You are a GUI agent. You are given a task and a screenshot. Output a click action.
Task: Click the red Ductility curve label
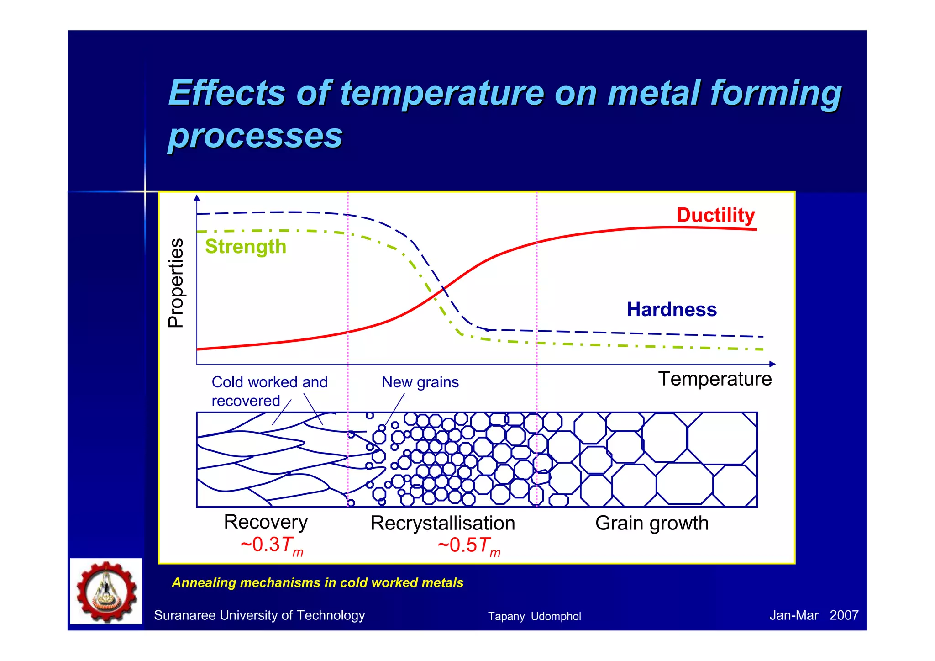715,215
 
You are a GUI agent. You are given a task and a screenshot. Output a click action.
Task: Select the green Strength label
246,247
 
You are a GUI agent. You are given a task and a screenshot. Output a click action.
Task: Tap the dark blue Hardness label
672,310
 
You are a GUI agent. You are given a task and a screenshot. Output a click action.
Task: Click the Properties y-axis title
176,283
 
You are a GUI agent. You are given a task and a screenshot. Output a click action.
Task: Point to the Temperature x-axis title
714,379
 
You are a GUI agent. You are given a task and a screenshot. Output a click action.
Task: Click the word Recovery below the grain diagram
266,522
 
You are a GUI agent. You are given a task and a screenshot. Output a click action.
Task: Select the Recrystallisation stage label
442,523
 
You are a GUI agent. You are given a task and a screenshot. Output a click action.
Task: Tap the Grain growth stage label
651,523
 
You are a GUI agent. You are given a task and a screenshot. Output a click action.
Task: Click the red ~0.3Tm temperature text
272,545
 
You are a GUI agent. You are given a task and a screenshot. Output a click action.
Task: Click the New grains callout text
420,382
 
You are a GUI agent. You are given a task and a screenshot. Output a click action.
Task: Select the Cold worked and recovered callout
269,391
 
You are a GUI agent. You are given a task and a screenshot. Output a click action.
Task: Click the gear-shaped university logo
106,592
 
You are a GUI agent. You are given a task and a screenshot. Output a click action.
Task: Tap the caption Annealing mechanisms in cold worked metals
317,583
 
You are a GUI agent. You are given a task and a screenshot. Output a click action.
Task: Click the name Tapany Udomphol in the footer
534,616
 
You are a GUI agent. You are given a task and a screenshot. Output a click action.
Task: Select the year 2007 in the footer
844,615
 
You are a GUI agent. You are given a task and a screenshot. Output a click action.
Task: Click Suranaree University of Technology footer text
259,615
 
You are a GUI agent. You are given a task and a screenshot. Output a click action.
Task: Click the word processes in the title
255,136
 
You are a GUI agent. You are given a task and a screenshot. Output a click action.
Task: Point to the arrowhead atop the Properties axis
197,198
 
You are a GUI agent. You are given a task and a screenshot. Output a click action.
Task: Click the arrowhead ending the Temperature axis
772,364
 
